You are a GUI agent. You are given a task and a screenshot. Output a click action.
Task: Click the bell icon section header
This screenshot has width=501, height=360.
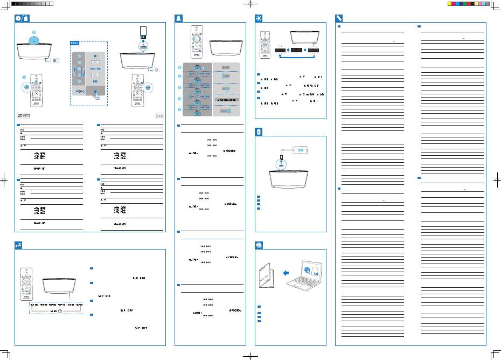click(179, 18)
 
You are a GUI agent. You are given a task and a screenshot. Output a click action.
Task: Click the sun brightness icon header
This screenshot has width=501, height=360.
click(259, 18)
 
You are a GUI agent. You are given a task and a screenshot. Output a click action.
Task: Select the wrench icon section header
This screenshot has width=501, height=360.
click(339, 18)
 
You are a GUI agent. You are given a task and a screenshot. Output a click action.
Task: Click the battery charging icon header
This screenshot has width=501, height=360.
click(259, 131)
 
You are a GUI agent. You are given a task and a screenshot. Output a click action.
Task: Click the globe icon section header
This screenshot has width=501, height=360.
click(259, 244)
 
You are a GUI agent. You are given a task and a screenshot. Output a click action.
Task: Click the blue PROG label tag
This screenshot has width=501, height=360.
click(75, 43)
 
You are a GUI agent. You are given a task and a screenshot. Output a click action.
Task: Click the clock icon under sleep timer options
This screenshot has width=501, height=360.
click(60, 311)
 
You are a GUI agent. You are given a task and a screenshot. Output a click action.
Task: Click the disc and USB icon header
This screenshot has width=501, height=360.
click(20, 18)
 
